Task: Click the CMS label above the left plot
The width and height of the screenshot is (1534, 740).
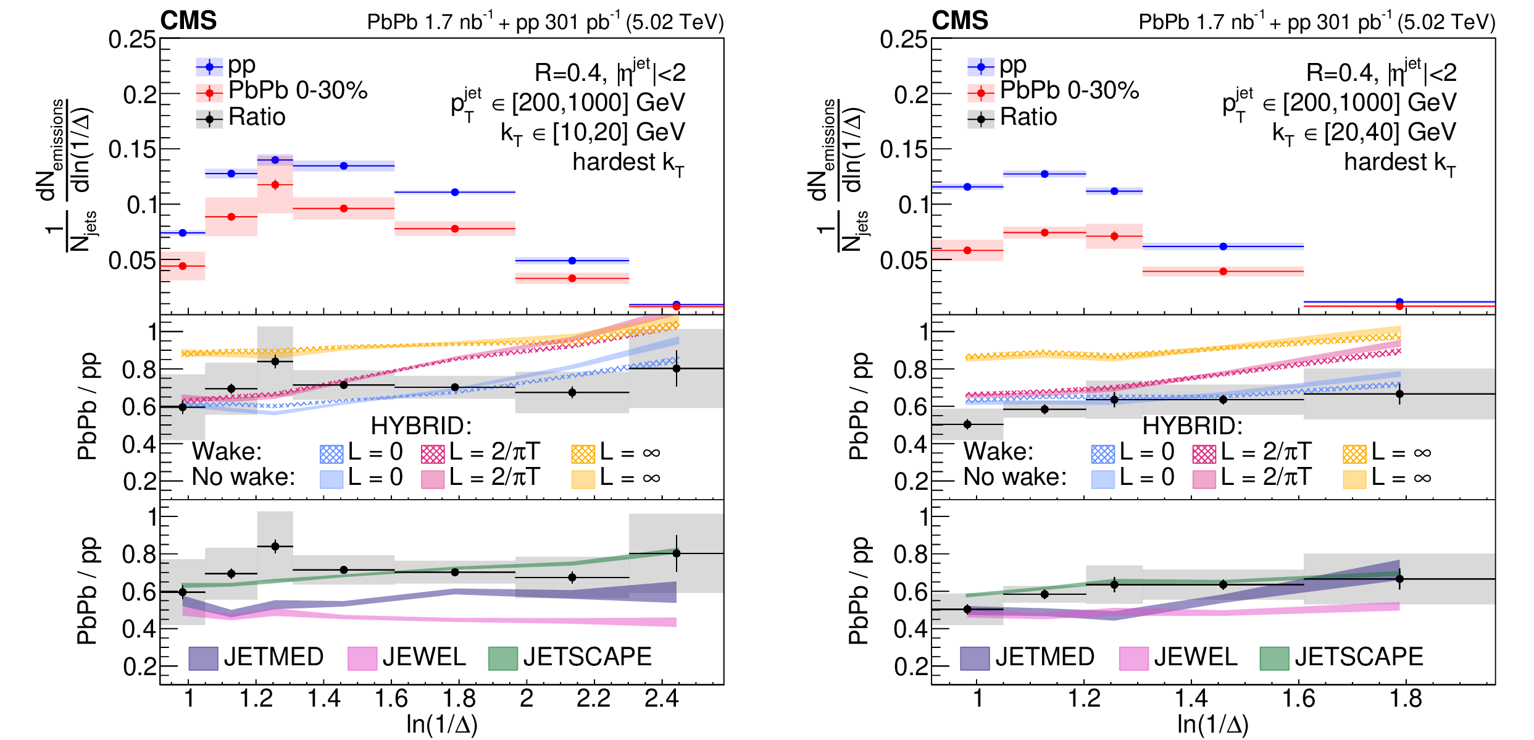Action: tap(188, 21)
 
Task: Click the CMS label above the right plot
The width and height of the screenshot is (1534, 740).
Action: tap(960, 21)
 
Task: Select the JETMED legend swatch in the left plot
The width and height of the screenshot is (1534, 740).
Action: tap(203, 658)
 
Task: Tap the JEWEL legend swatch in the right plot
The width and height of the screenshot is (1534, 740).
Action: tap(1134, 658)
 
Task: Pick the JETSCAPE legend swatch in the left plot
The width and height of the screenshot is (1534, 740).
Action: tap(502, 658)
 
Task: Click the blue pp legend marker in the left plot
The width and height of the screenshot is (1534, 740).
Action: tap(209, 67)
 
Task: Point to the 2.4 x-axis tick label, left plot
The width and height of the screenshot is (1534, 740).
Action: tap(661, 699)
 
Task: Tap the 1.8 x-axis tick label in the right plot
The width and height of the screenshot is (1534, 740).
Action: tap(1406, 699)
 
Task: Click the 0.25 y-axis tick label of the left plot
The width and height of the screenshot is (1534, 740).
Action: tap(132, 40)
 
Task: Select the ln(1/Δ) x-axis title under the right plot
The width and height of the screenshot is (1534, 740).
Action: tap(1212, 724)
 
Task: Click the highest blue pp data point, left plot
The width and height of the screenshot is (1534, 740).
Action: tap(275, 160)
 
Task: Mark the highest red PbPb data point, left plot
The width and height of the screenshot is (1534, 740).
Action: tap(275, 185)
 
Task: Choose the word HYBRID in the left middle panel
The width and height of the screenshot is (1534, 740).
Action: tap(421, 426)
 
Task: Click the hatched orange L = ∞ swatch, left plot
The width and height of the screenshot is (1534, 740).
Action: tap(583, 454)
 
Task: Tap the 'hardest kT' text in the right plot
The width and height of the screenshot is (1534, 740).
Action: tap(1399, 163)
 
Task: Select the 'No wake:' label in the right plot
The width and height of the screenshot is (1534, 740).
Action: tap(1015, 477)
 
